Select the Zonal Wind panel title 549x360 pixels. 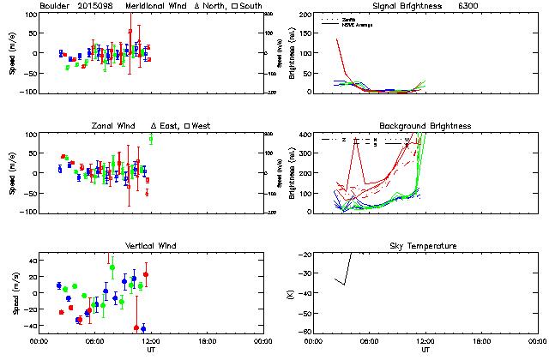[x=113, y=126]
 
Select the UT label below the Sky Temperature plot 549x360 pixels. [x=426, y=350]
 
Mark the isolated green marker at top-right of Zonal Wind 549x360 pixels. [x=151, y=139]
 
